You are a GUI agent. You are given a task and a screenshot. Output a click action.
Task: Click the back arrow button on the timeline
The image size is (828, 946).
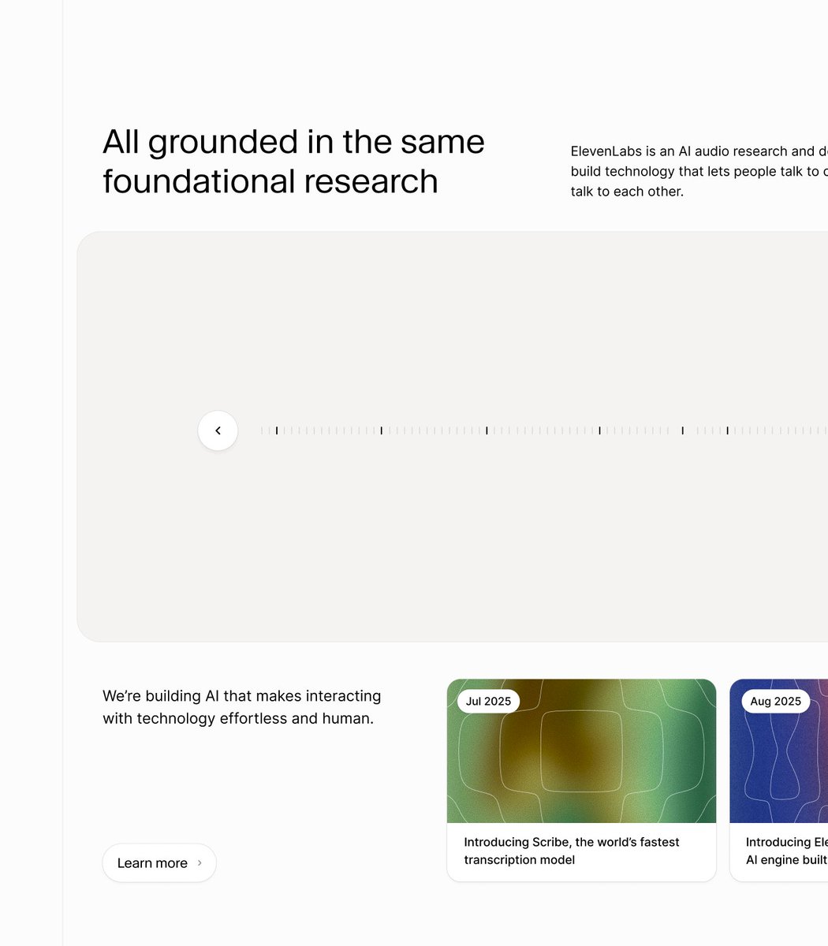(x=218, y=430)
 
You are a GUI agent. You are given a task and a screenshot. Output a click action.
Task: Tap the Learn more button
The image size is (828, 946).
(x=159, y=863)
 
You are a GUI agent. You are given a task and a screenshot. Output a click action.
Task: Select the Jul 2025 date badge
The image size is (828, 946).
(x=488, y=701)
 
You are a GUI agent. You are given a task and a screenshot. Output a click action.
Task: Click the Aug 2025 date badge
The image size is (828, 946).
(x=775, y=701)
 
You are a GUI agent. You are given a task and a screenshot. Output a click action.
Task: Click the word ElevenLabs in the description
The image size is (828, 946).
(x=606, y=151)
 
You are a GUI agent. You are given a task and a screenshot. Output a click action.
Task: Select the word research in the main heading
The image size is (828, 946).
(x=371, y=181)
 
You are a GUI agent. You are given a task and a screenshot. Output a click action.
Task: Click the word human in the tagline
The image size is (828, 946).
(x=347, y=718)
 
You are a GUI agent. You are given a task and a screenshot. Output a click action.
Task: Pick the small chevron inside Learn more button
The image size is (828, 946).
(x=200, y=863)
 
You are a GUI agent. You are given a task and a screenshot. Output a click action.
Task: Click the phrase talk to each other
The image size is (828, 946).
(x=627, y=192)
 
